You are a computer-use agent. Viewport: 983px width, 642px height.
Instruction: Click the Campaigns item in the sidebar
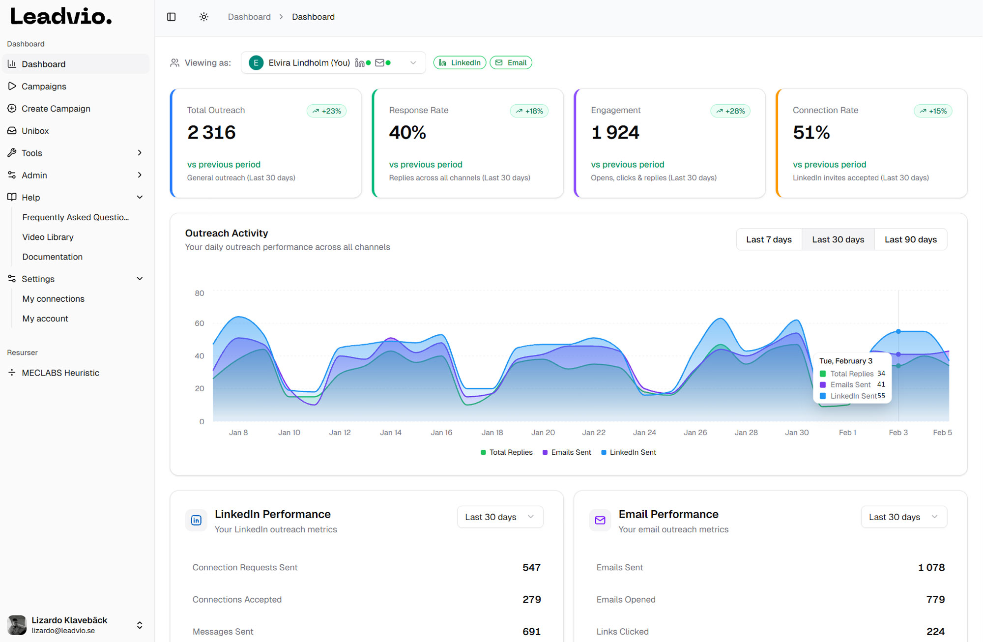pyautogui.click(x=44, y=87)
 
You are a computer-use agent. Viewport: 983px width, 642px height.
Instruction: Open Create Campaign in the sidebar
pyautogui.click(x=56, y=109)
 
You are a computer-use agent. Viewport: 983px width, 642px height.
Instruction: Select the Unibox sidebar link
pyautogui.click(x=35, y=131)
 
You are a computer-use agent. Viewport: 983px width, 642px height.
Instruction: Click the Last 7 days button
pyautogui.click(x=769, y=239)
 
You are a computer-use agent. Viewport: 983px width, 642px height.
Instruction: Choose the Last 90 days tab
pyautogui.click(x=910, y=239)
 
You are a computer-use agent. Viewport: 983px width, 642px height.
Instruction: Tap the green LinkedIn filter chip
pyautogui.click(x=460, y=62)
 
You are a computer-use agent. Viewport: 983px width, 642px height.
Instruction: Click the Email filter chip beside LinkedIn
pyautogui.click(x=511, y=62)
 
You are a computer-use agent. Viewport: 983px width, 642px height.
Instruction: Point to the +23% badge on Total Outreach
pyautogui.click(x=327, y=111)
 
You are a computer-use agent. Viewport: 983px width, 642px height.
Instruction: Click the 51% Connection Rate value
pyautogui.click(x=811, y=132)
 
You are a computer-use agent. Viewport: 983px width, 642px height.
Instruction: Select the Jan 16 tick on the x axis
pyautogui.click(x=441, y=433)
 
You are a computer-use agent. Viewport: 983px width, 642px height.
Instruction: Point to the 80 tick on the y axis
pyautogui.click(x=199, y=293)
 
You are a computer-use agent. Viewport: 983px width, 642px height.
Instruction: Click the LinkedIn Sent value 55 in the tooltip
pyautogui.click(x=881, y=396)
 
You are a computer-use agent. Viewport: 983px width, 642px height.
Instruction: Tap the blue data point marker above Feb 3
pyautogui.click(x=898, y=331)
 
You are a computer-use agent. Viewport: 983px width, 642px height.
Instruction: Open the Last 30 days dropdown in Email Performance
pyautogui.click(x=903, y=517)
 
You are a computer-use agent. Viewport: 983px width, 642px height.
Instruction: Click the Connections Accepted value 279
pyautogui.click(x=531, y=599)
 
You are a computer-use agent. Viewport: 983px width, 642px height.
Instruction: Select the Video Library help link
pyautogui.click(x=48, y=237)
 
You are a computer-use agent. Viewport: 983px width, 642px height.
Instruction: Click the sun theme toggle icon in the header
pyautogui.click(x=204, y=17)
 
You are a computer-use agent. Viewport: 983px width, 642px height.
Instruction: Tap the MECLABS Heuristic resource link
pyautogui.click(x=60, y=373)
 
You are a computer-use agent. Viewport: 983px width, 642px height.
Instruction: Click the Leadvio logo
pyautogui.click(x=61, y=17)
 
